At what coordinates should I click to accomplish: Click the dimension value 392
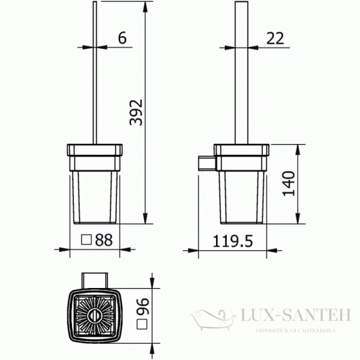pyautogui.click(x=137, y=112)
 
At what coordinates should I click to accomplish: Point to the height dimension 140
pyautogui.click(x=289, y=185)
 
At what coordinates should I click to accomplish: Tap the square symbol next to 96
pyautogui.click(x=143, y=325)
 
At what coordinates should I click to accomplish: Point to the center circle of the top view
pyautogui.click(x=95, y=316)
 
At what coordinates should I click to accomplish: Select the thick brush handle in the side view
pyautogui.click(x=241, y=72)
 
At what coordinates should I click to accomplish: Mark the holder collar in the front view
pyautogui.click(x=95, y=158)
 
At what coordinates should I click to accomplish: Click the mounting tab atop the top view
pyautogui.click(x=95, y=280)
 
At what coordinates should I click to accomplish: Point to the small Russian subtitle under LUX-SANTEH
pyautogui.click(x=295, y=331)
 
